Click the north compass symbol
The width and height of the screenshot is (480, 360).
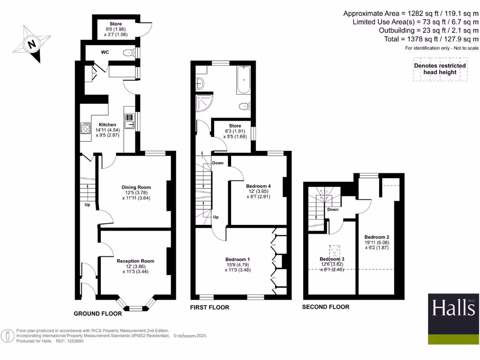31,44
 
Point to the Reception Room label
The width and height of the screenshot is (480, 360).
135,261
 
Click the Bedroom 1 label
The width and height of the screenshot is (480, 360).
238,260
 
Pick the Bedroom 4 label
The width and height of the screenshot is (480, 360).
259,186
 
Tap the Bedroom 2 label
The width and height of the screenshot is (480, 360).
377,237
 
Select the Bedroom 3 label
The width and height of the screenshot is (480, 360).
332,259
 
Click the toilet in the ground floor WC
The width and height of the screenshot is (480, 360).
127,53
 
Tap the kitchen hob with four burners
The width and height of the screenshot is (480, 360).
86,127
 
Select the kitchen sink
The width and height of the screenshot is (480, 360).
129,121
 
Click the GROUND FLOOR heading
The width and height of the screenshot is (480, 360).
97,314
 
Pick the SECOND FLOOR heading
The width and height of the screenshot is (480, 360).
325,307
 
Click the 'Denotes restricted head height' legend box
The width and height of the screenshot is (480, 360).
440,69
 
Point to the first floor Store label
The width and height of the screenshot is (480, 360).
235,126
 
